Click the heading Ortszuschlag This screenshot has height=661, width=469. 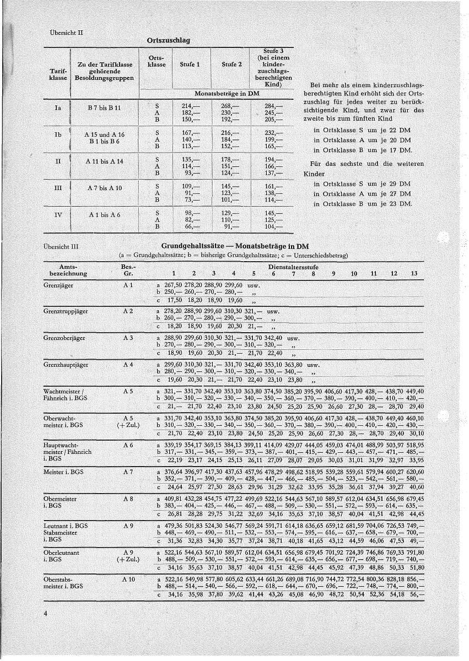pyautogui.click(x=168, y=41)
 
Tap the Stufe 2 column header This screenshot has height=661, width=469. pyautogui.click(x=231, y=64)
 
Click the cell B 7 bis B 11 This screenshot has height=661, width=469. pyautogui.click(x=104, y=108)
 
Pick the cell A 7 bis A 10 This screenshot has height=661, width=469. pyautogui.click(x=104, y=188)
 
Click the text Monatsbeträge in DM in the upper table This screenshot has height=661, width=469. pyautogui.click(x=227, y=94)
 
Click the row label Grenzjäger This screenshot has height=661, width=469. pyautogui.click(x=58, y=285)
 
